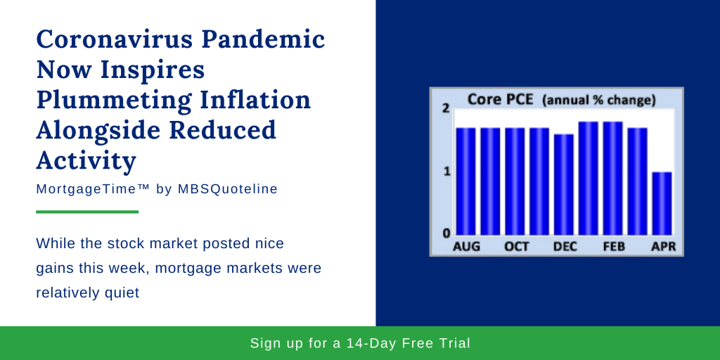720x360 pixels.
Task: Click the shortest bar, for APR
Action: (x=662, y=203)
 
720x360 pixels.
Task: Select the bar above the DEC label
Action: (x=564, y=185)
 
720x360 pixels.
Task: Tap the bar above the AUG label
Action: (x=465, y=181)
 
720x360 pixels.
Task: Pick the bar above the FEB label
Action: (x=612, y=178)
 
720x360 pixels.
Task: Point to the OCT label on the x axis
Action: (x=517, y=247)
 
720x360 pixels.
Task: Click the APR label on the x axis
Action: (x=664, y=247)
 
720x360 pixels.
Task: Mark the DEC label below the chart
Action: (x=565, y=247)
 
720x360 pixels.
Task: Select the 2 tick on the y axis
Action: (x=445, y=109)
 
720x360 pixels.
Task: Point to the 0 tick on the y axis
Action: (x=445, y=233)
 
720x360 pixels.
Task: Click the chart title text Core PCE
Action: (x=500, y=99)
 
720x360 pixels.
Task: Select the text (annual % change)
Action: (x=599, y=100)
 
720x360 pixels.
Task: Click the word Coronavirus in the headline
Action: (x=115, y=40)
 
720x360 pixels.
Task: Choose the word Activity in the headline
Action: (x=86, y=161)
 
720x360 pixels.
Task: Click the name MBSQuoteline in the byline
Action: (x=227, y=189)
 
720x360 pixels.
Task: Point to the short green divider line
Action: (x=87, y=212)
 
